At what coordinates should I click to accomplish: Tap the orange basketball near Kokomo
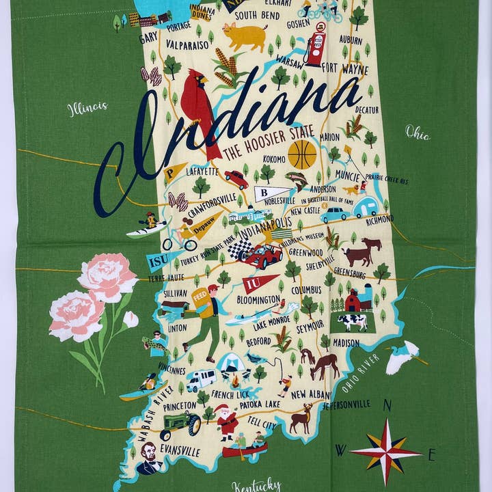[x=301, y=154]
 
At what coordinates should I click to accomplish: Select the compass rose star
[x=385, y=450]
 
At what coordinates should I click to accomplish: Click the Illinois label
[x=87, y=107]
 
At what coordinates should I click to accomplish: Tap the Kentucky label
[x=256, y=484]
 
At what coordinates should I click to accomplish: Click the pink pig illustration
[x=245, y=36]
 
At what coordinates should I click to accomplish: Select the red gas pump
[x=316, y=47]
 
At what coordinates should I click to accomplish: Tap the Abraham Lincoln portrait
[x=148, y=458]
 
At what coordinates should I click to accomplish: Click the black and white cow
[x=353, y=322]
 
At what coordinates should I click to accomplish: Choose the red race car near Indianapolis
[x=263, y=256]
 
